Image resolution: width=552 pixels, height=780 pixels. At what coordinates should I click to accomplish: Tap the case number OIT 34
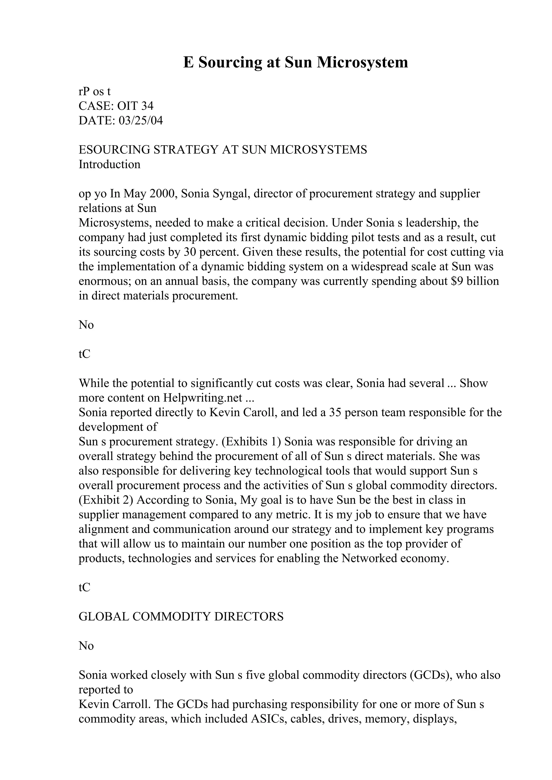coord(135,106)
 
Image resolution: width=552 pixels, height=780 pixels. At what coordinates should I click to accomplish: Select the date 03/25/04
coord(140,121)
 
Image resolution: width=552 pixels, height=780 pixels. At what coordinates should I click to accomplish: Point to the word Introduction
coord(109,164)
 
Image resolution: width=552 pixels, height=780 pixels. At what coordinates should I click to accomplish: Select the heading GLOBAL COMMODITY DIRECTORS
coord(181,617)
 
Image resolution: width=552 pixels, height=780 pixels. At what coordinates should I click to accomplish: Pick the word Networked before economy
coord(369,558)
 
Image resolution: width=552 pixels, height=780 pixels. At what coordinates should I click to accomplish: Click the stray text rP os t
coord(95,92)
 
